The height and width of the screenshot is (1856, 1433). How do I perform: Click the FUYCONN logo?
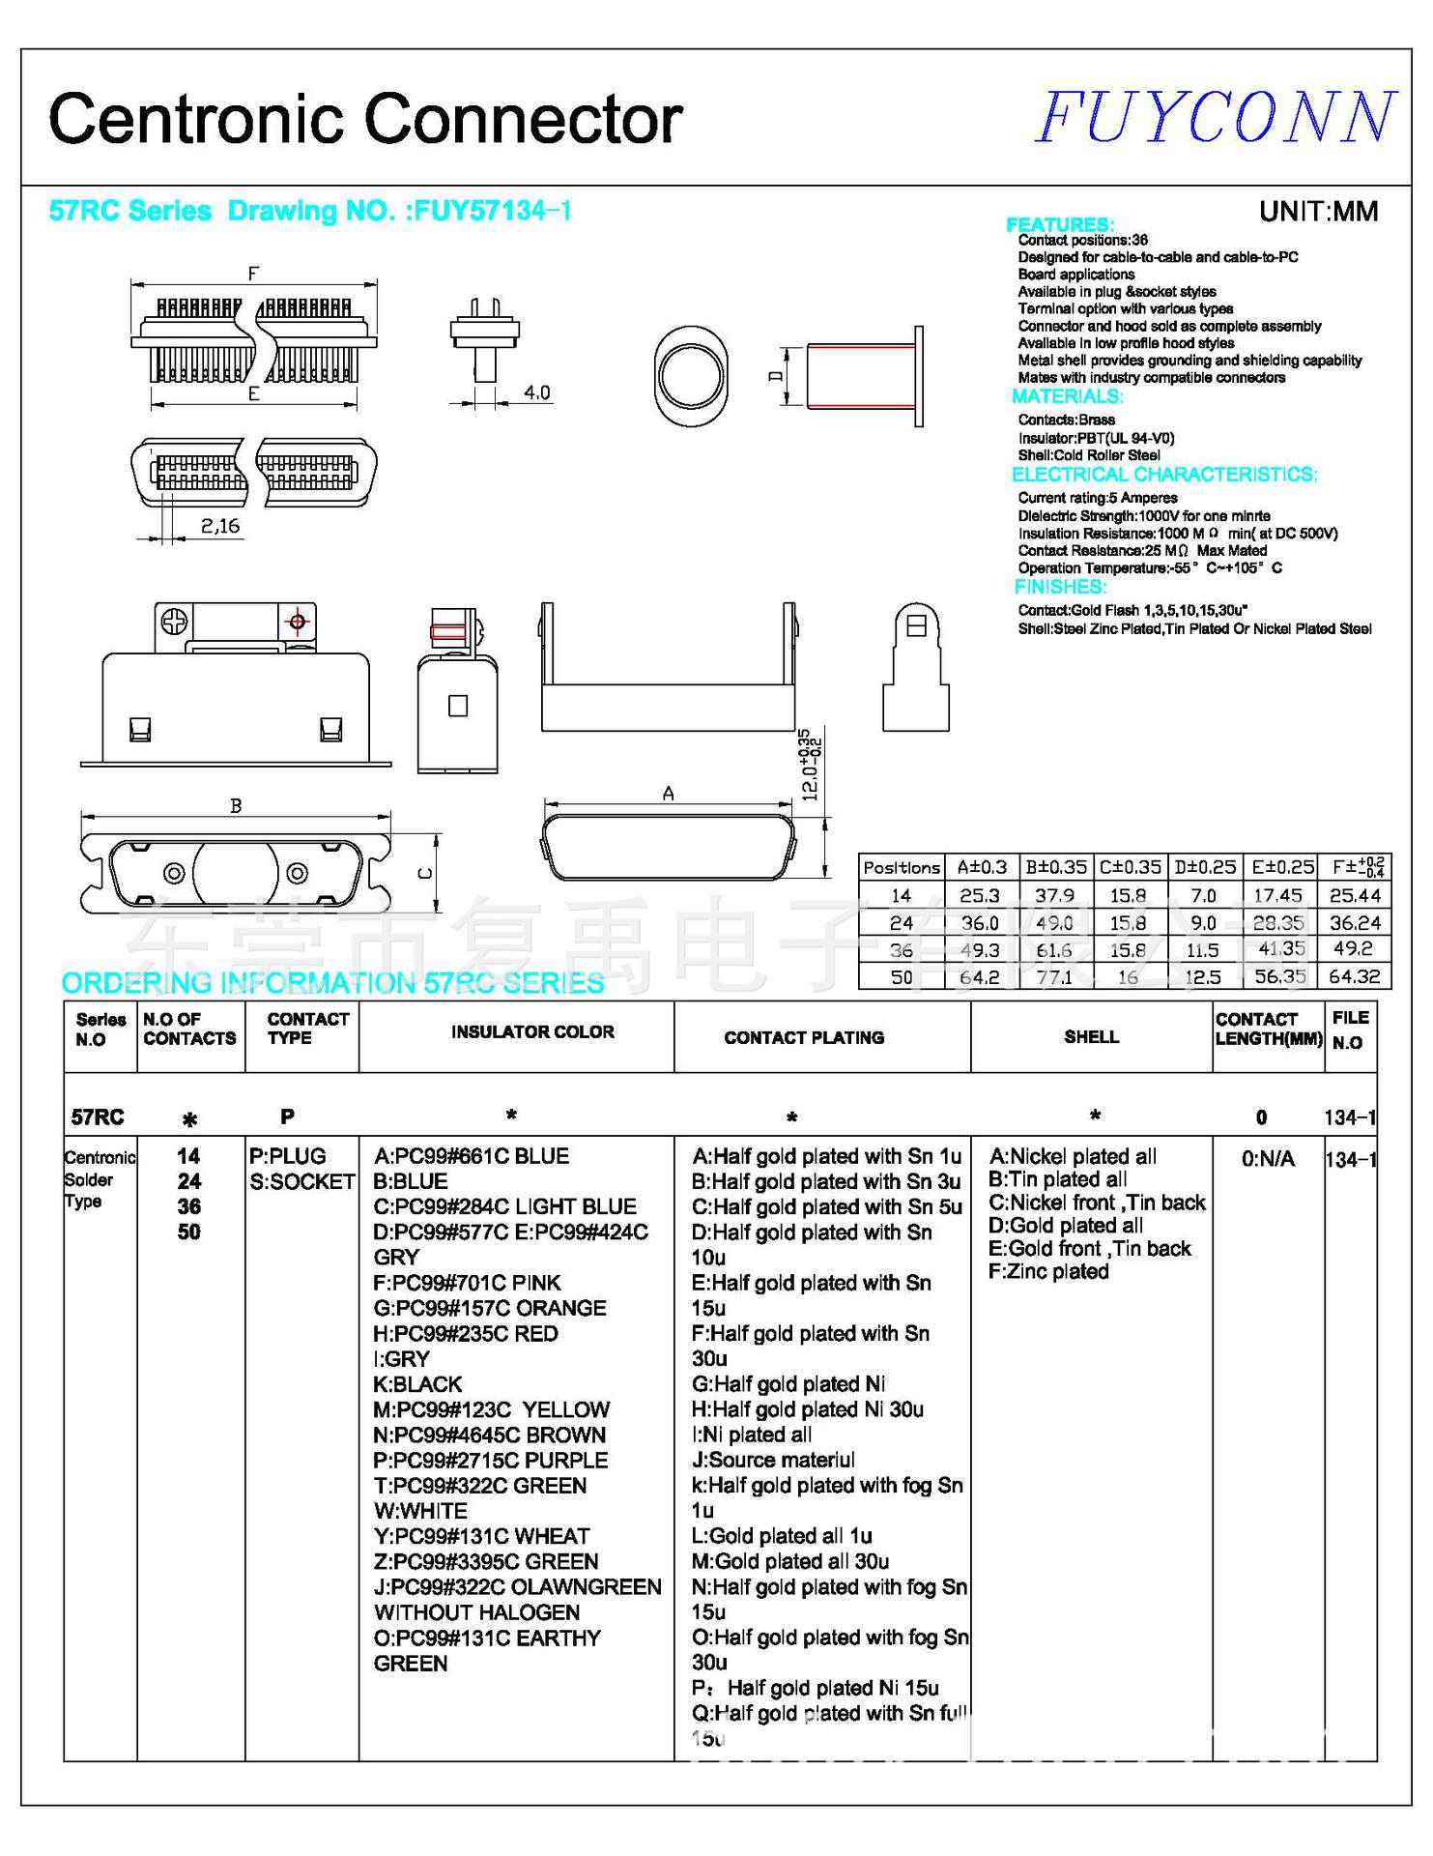(1216, 118)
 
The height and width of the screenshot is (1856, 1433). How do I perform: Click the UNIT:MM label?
(1318, 211)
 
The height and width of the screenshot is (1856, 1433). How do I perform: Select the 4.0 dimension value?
(536, 392)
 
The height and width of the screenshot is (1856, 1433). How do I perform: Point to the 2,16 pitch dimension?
(220, 526)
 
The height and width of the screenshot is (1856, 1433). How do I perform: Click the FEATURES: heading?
(1060, 224)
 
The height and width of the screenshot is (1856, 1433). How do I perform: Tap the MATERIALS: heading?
(1067, 396)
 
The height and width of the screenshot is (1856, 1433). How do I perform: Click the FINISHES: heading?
(1060, 587)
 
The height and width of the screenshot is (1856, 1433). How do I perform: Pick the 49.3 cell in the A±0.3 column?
(979, 949)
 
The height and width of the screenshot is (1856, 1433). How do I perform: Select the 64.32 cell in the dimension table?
(1354, 976)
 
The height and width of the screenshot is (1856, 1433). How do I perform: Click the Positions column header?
(901, 867)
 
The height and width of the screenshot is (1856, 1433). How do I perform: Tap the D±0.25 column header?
(1204, 867)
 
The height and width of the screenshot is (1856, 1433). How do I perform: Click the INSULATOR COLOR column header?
(532, 1031)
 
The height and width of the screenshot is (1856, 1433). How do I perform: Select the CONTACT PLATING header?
(804, 1037)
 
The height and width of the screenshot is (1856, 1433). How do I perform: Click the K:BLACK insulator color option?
(417, 1384)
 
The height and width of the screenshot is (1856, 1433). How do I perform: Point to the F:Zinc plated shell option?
(1048, 1271)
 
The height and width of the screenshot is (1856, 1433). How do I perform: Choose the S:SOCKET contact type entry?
(301, 1181)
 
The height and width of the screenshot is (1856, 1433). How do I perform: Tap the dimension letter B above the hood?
(235, 805)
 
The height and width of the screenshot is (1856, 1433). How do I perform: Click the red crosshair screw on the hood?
(297, 622)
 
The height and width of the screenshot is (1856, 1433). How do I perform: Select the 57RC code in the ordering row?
(98, 1117)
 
